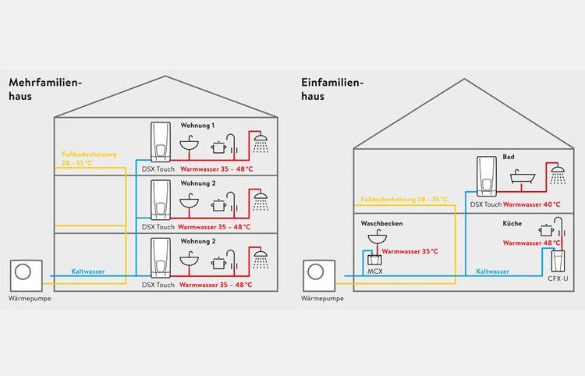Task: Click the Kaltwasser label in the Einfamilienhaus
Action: [492, 271]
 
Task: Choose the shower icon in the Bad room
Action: [558, 172]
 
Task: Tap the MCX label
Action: [374, 274]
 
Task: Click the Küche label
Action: [512, 223]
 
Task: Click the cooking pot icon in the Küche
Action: [545, 230]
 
